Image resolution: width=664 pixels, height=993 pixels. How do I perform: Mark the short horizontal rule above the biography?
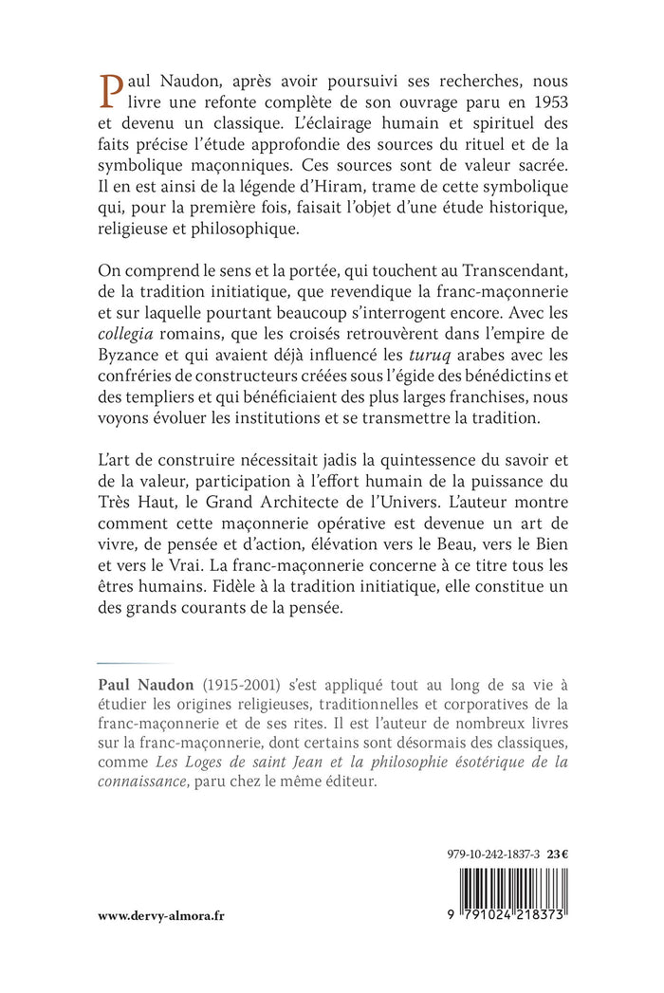coord(121,663)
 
